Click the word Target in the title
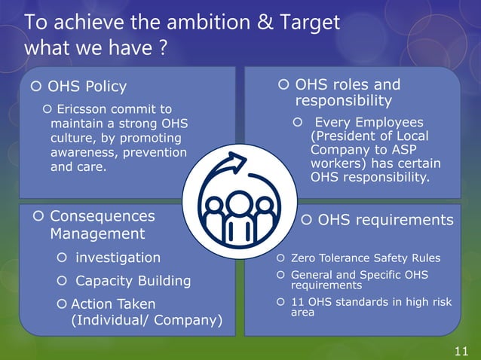coord(311,23)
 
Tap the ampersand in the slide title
coord(268,23)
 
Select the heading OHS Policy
coord(87,87)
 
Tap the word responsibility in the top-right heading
coord(343,101)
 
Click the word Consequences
coord(102,216)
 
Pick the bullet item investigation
coord(118,258)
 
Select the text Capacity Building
coord(133,281)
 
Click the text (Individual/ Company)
coord(146,320)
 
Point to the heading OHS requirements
coord(384,220)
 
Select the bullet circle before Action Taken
coord(62,304)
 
